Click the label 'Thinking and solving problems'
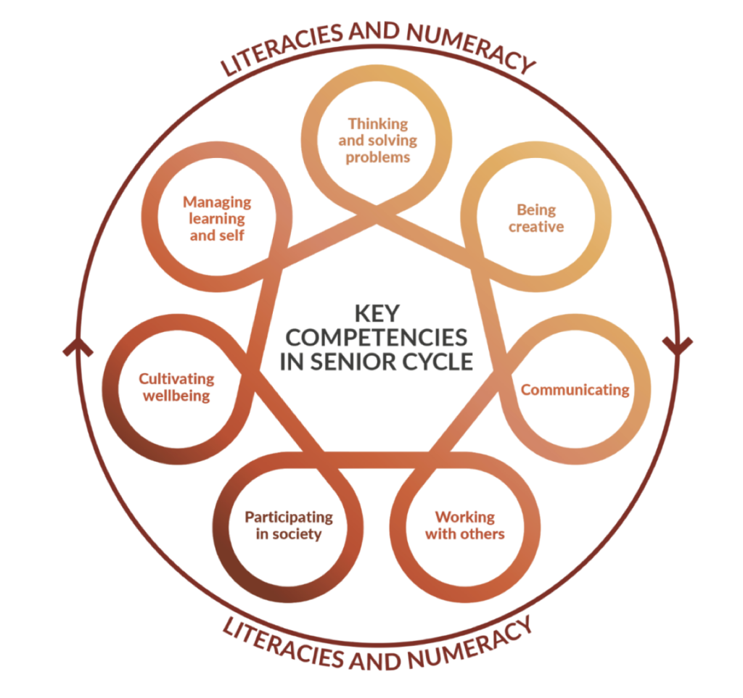point(377,140)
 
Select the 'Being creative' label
point(536,218)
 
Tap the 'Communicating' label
point(575,390)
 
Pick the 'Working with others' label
point(464,525)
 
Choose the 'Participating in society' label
point(289,525)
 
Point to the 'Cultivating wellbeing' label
point(176,387)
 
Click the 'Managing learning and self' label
point(217,219)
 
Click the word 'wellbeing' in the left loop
point(176,396)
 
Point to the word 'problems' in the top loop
point(377,157)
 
